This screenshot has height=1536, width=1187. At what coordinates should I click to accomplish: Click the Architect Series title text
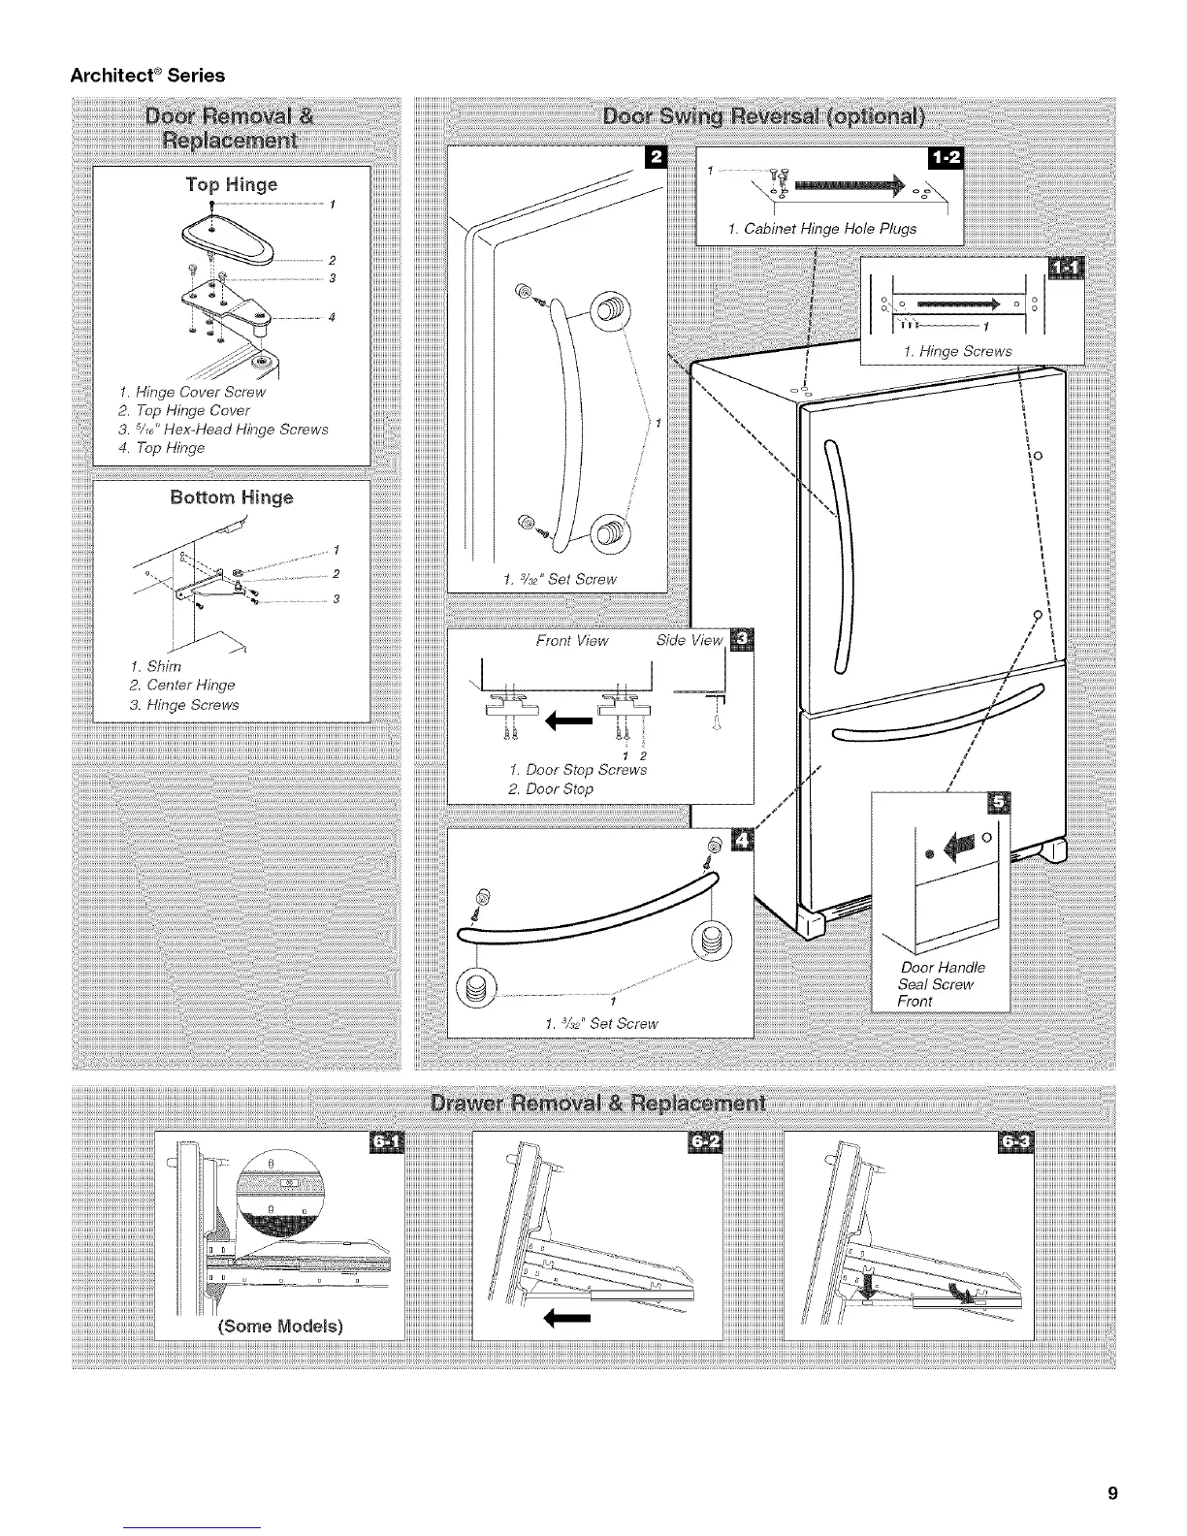click(147, 75)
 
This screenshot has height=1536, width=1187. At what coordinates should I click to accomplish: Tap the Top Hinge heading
click(232, 184)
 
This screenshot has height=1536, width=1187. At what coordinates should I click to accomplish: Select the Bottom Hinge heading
click(231, 498)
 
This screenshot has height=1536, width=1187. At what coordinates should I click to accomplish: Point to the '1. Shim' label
click(149, 666)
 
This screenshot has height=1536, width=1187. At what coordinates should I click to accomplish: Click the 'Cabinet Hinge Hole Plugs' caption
click(821, 230)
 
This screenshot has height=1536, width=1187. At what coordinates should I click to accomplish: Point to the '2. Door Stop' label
click(550, 789)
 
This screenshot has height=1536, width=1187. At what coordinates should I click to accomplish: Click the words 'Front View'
click(572, 640)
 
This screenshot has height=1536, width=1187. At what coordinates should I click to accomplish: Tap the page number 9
click(1113, 1493)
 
